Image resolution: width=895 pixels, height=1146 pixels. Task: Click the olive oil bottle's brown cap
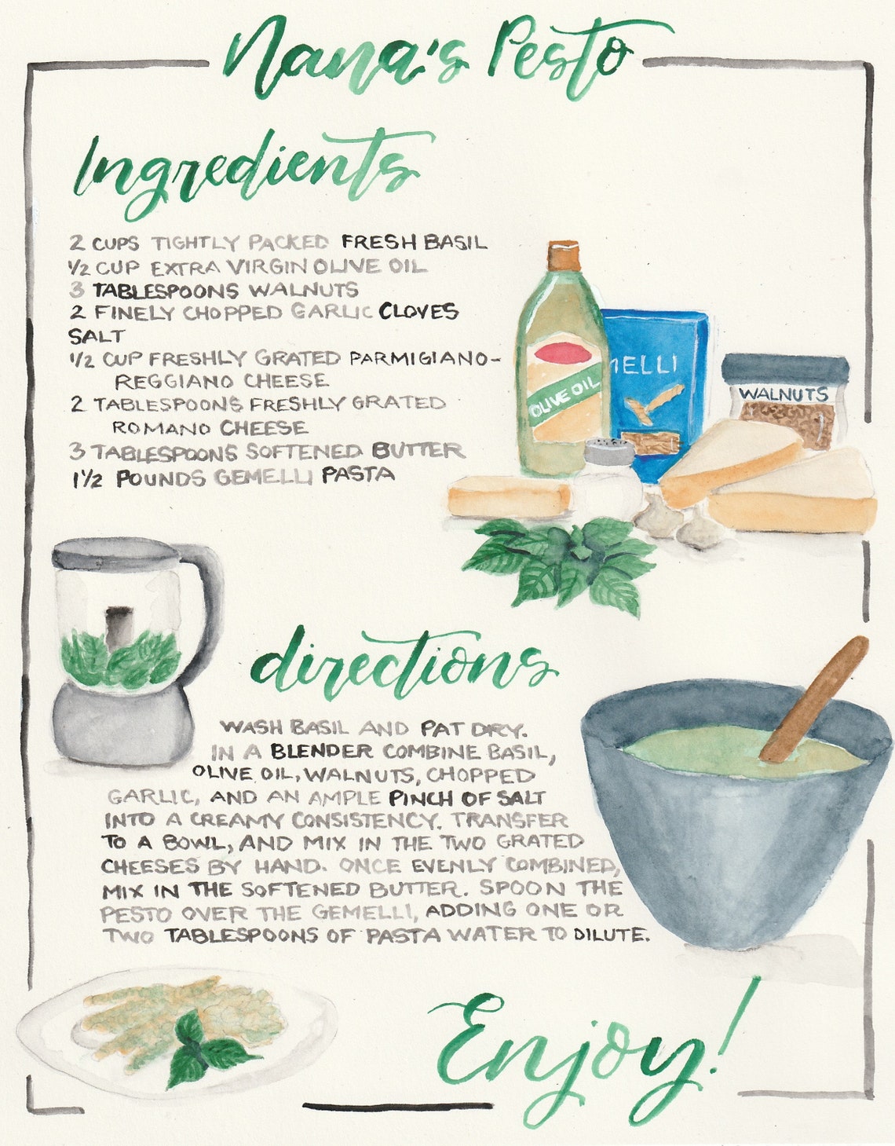tap(564, 256)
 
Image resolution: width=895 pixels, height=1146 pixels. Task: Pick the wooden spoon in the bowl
tap(816, 695)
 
